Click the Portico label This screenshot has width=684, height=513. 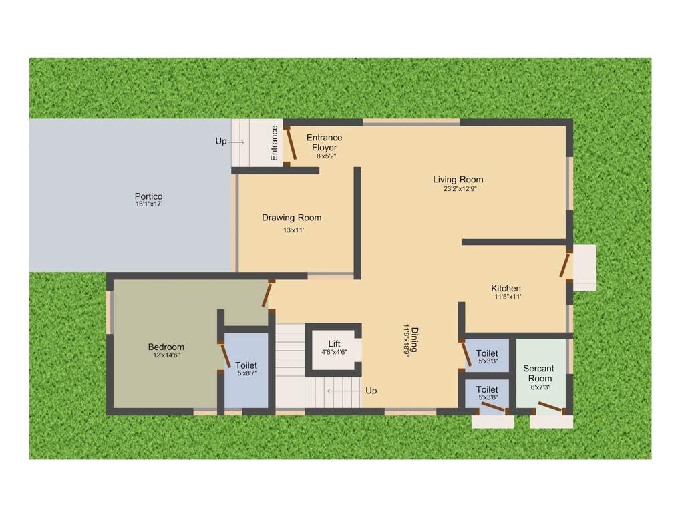149,196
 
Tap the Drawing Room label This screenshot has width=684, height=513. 291,218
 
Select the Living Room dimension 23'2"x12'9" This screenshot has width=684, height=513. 458,188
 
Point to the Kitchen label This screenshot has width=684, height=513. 506,289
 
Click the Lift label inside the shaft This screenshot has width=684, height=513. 334,344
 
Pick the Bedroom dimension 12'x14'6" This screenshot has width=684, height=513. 166,355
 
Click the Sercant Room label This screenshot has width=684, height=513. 538,373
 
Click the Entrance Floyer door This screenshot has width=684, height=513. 291,142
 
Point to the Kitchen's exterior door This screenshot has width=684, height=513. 566,263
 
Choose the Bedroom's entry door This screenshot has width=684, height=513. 268,294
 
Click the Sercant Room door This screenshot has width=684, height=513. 550,407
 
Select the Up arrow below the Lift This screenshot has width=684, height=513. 342,391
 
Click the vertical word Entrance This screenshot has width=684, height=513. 274,142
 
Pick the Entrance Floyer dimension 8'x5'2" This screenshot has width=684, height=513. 326,156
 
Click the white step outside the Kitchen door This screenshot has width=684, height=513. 584,267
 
